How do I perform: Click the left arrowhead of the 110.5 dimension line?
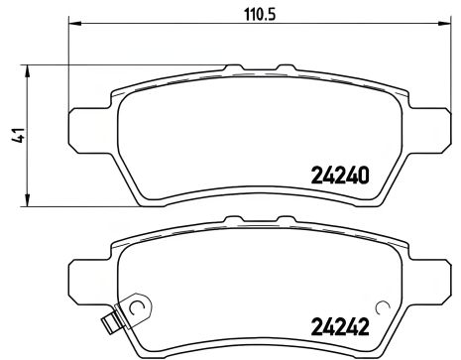[x=73, y=24]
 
